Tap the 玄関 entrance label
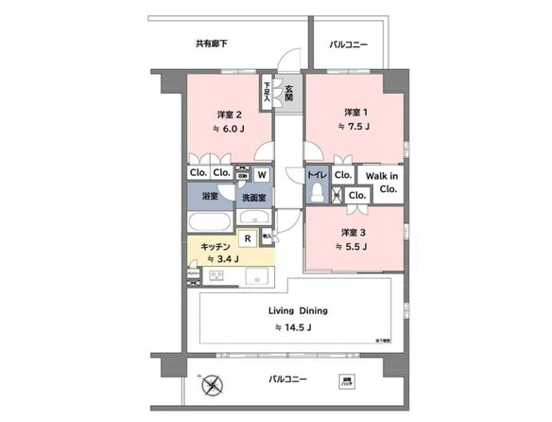(x=288, y=93)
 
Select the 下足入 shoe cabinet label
(x=267, y=91)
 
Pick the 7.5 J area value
(x=356, y=126)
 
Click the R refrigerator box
(x=248, y=239)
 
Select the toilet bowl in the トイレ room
(x=317, y=192)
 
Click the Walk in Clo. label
(x=382, y=182)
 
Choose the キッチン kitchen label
(x=215, y=245)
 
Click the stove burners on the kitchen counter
(x=216, y=275)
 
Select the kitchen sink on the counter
(x=257, y=276)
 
